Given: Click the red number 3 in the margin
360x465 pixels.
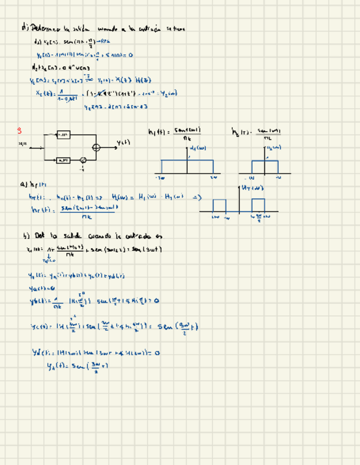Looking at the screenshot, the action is pos(19,131).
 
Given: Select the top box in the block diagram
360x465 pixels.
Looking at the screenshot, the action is pos(63,134).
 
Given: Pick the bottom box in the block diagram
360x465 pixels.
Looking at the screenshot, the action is pos(63,160).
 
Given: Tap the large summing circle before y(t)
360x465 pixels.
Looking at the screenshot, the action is pos(97,147).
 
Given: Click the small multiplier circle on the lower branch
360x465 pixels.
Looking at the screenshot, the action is pos(83,160).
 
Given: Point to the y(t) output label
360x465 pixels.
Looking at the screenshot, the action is pos(123,143).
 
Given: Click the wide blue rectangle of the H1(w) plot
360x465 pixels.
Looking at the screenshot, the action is pos(187,167).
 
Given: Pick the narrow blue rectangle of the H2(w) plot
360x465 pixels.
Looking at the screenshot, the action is pos(265,167).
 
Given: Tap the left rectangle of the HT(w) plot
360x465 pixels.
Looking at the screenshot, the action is pos(219,205).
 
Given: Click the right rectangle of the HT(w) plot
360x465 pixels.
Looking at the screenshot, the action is pos(258,205).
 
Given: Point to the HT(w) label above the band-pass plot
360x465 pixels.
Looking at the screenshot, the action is pos(253,188).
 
